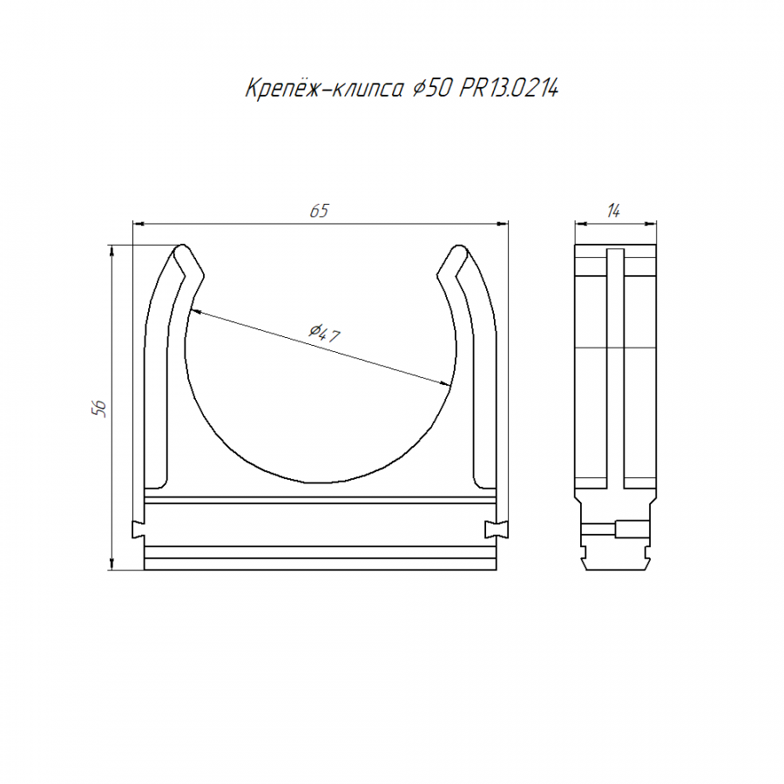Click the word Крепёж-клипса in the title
324,89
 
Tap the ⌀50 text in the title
432,89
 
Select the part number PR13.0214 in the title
509,89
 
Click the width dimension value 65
319,211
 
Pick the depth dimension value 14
613,211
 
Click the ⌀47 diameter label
324,333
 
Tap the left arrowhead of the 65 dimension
139,224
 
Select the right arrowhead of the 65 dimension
502,224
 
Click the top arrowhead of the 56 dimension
112,251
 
